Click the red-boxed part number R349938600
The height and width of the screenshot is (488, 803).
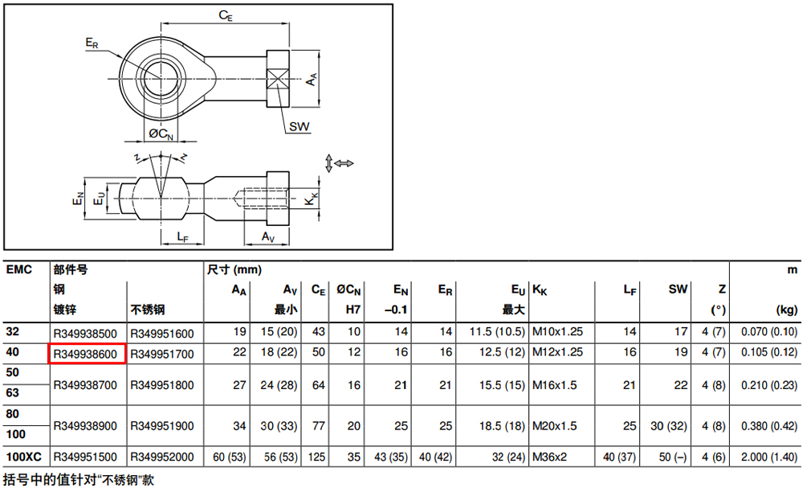[x=86, y=354]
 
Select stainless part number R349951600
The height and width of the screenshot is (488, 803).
[x=162, y=334]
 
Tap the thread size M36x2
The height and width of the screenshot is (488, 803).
[x=549, y=457]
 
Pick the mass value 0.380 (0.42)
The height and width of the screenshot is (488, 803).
[x=769, y=426]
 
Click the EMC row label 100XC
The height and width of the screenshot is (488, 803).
[x=23, y=457]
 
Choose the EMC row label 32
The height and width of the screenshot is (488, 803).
[x=13, y=332]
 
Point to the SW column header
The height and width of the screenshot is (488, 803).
[x=678, y=289]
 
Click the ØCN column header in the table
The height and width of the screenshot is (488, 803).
[x=349, y=290]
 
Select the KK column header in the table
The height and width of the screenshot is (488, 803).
[x=540, y=290]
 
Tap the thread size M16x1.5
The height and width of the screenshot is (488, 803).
[x=555, y=385]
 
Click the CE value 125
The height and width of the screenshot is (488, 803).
[x=316, y=457]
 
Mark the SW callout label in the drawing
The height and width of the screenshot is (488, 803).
[x=299, y=126]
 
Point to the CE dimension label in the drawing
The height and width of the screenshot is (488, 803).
[x=226, y=16]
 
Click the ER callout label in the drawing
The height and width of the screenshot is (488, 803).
[x=92, y=43]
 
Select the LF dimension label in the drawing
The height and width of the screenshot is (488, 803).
[x=183, y=237]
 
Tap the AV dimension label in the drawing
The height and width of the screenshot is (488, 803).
[x=268, y=237]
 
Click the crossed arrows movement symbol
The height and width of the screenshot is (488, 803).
[x=339, y=163]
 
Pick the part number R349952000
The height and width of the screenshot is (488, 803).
[x=162, y=457]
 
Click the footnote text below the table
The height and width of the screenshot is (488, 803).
[x=79, y=480]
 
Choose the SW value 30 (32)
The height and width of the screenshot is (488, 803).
[x=668, y=426]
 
